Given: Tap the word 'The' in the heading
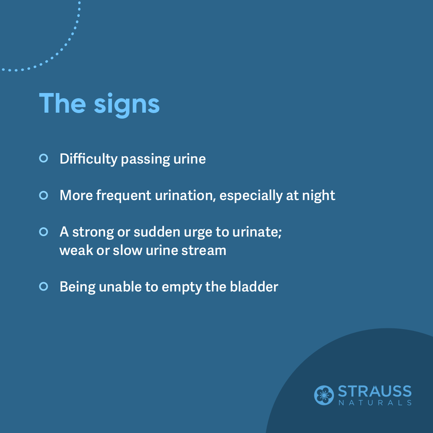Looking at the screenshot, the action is point(63,103).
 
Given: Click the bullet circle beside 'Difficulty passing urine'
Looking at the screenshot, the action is point(44,158).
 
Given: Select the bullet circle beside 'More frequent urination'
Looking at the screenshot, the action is point(44,195).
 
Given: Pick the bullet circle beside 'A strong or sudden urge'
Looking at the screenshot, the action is point(44,232).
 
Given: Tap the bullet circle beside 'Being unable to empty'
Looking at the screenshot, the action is point(44,286).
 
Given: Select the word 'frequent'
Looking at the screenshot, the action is point(123,196).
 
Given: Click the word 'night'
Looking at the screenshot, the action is point(319,196).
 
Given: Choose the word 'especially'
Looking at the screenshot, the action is point(251,196).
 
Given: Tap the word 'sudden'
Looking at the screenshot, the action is point(157,232).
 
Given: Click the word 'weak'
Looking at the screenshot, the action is point(76,250).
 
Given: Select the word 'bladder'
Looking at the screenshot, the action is point(254,287).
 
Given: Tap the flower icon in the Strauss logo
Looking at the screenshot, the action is point(324,395).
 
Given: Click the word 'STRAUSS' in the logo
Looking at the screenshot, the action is point(375,392).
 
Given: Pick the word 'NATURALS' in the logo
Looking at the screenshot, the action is point(375,403).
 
